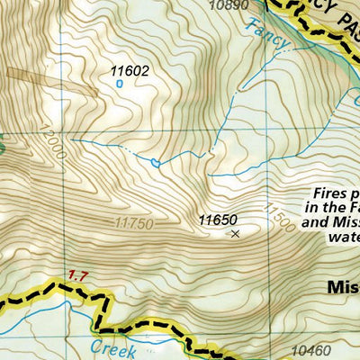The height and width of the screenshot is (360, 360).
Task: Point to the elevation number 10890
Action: point(226,5)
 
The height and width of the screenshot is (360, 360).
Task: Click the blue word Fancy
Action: point(267,32)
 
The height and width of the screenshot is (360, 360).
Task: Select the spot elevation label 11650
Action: point(217,219)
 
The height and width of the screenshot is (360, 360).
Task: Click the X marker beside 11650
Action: point(235,234)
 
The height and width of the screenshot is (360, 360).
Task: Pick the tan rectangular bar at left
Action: point(50,81)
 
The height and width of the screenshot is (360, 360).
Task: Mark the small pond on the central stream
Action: point(157,163)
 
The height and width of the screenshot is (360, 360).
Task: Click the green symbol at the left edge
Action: point(3,144)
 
